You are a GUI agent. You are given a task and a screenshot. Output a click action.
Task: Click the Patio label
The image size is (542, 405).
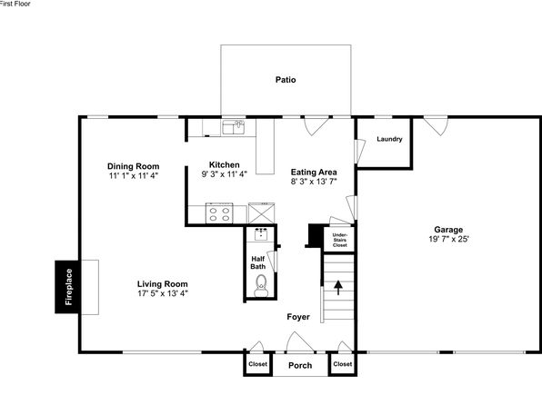coord(286,80)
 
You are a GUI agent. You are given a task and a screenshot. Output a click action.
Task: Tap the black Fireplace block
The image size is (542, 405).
coord(68,287)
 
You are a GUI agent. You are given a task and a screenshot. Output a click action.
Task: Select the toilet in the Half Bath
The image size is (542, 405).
coord(261,286)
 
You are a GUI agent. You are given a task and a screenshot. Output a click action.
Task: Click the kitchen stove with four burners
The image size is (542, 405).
coord(219,213)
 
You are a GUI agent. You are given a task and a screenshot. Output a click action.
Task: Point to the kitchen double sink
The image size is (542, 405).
coord(234,127)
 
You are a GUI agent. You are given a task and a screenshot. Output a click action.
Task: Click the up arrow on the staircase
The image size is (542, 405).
coord(338,288)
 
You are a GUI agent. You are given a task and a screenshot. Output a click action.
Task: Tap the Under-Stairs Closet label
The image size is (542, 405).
coord(339,240)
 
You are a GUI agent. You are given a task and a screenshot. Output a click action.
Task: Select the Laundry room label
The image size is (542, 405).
coord(389,139)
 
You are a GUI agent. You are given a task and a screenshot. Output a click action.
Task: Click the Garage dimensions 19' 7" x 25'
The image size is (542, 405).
coord(448,239)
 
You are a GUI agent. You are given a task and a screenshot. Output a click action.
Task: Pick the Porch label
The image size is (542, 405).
coord(300,365)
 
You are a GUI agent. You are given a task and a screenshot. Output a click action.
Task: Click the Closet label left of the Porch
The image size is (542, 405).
coord(257,364)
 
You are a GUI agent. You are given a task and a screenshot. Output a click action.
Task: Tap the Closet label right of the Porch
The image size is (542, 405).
coord(343,364)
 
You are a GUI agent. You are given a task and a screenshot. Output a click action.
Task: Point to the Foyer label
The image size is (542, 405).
coord(298,317)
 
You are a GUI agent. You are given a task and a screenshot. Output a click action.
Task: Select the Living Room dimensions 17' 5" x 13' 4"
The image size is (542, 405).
coord(163,293)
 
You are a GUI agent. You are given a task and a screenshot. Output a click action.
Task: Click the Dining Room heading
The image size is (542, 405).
coord(133,166)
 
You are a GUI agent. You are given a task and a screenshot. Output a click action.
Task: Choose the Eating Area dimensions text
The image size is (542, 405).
coord(314,182)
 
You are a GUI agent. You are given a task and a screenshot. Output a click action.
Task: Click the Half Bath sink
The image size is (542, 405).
coord(260,233)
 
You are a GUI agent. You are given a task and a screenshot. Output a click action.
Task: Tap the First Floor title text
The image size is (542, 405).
coord(15,4)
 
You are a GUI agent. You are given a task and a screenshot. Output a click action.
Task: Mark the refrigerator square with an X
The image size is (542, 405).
coord(261,213)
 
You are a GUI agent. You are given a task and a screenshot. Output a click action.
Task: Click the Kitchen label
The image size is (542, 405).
coord(225,165)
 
